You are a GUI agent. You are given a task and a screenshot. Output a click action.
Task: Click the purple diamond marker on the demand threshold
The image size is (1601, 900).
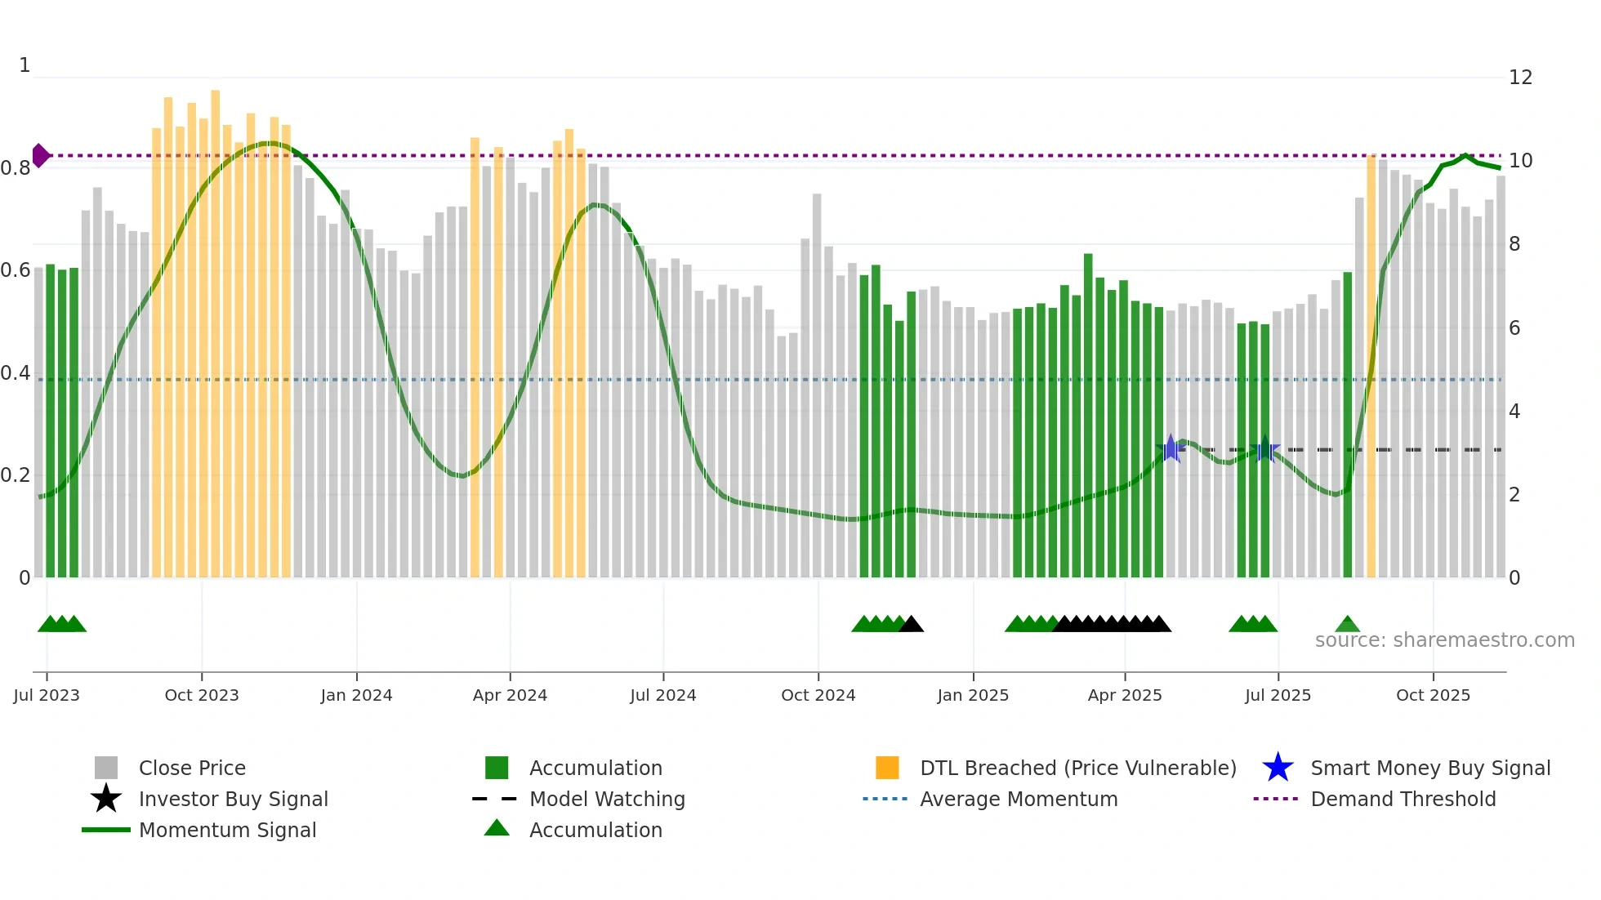pos(40,155)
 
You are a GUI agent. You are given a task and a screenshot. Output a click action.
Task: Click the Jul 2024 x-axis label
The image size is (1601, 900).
pos(662,695)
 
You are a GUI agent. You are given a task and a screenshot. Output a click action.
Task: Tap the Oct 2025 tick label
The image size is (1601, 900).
pos(1433,695)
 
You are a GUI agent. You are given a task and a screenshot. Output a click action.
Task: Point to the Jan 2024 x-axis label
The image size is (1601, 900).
pos(356,695)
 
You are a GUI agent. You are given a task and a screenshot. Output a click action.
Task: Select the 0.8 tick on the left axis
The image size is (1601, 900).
pos(16,168)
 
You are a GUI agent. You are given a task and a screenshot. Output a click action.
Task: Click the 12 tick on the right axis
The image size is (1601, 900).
pos(1520,78)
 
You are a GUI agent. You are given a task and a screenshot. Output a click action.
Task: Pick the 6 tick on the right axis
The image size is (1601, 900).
pos(1514,328)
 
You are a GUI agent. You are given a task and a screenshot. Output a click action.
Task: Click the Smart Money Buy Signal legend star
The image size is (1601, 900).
pos(1278,768)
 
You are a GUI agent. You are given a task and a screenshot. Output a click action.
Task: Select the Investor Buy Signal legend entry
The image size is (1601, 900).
pos(233,799)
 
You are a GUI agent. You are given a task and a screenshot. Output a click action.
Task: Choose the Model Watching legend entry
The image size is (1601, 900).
pos(606,799)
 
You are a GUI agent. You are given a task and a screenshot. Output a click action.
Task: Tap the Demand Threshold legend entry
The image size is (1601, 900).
pos(1403,799)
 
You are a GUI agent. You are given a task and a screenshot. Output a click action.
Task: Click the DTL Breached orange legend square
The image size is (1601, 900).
pos(887,768)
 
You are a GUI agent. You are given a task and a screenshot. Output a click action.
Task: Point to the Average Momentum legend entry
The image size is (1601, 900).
pos(1018,799)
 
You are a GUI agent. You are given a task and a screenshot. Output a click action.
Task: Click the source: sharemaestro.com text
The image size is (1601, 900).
pos(1444,639)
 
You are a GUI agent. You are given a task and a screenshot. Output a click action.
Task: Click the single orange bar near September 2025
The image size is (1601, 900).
pos(1371,368)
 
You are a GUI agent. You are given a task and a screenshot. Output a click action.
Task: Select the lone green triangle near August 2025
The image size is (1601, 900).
pos(1347,625)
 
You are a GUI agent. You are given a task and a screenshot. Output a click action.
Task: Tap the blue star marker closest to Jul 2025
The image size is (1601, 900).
pos(1264,449)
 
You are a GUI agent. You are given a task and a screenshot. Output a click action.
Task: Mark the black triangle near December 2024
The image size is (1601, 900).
pos(912,625)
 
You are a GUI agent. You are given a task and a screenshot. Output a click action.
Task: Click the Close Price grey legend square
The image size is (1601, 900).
pos(106,768)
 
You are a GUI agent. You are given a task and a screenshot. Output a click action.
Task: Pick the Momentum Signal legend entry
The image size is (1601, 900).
pos(227,830)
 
